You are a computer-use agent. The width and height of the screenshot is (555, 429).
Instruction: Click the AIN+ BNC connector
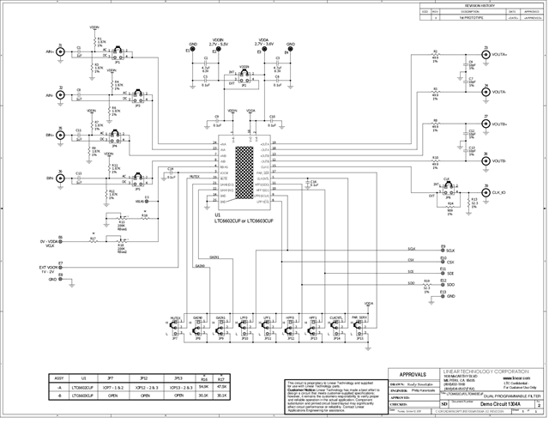[x=60, y=52]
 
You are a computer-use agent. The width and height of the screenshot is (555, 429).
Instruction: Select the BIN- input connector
[x=60, y=178]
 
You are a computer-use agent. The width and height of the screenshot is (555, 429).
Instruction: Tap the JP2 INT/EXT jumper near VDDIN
[x=244, y=79]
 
